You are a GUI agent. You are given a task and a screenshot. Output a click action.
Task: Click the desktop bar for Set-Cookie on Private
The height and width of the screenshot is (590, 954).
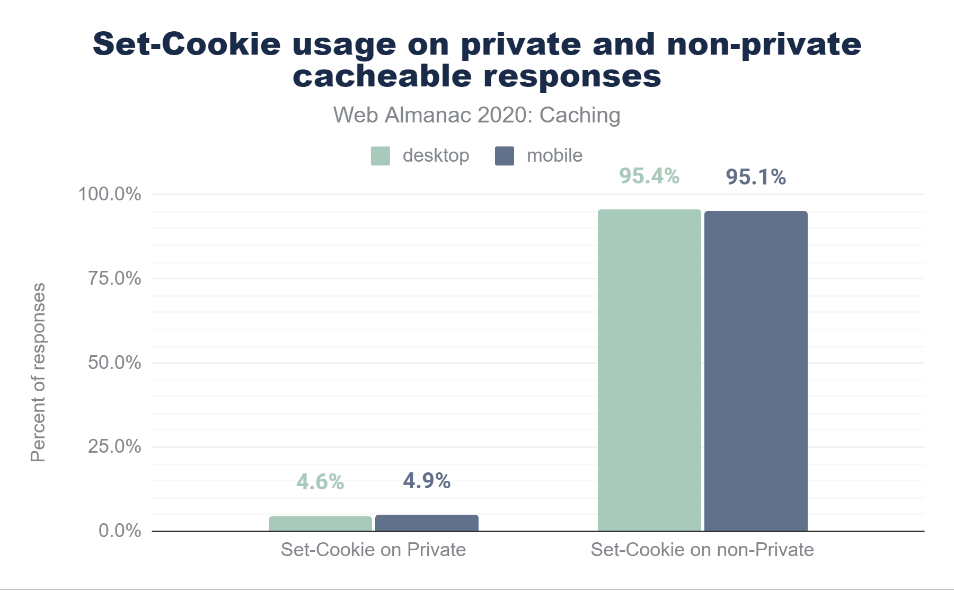tap(320, 524)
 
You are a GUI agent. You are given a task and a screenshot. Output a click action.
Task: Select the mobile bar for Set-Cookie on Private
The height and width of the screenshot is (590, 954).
tap(427, 523)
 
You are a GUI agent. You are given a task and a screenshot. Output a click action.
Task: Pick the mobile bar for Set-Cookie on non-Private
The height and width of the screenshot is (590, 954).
tap(756, 371)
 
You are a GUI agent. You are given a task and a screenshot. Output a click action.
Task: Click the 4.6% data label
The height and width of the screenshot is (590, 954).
tap(320, 482)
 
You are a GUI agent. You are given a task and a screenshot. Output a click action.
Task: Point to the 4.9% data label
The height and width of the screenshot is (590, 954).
tap(427, 481)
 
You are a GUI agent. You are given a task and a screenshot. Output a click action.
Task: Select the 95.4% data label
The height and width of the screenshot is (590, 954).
tap(649, 176)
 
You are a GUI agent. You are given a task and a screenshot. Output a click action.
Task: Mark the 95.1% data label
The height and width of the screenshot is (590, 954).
tap(756, 177)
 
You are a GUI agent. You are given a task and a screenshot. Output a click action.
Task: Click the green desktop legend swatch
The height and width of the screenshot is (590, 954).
tap(381, 156)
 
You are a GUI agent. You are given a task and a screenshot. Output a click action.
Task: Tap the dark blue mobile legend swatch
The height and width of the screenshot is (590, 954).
tap(505, 156)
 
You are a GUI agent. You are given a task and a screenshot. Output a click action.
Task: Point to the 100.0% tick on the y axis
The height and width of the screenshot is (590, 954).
tap(110, 194)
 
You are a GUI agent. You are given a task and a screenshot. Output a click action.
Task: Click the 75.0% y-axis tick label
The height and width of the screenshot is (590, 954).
tap(114, 278)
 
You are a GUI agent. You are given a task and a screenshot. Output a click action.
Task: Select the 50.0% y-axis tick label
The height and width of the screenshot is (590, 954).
tap(114, 363)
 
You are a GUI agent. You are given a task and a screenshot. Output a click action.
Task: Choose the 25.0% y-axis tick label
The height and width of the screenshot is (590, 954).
tap(114, 446)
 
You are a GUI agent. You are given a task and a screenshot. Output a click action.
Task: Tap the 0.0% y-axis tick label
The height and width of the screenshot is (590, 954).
tap(120, 531)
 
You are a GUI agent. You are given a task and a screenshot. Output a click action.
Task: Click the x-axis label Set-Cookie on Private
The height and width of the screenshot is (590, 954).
tap(373, 550)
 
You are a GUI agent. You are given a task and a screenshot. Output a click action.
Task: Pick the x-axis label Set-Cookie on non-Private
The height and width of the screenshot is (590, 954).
tap(702, 550)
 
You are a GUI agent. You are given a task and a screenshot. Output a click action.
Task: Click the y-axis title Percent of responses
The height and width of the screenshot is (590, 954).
tap(38, 372)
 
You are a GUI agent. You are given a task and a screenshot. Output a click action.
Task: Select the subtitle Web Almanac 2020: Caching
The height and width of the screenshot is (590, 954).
tap(476, 115)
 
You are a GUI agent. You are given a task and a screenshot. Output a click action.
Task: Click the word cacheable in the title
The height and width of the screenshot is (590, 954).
tap(382, 76)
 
